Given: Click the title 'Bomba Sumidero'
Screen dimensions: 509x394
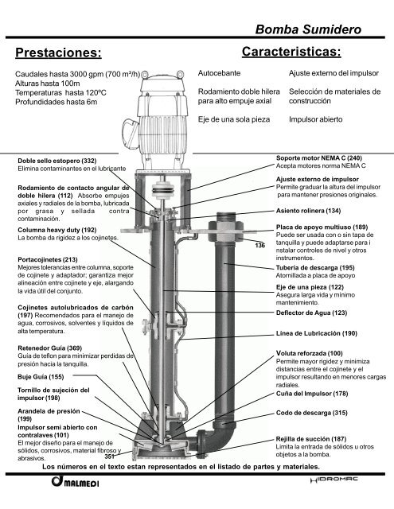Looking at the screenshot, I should (x=308, y=29).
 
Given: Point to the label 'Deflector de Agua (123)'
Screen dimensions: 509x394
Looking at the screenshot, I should (x=312, y=313).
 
